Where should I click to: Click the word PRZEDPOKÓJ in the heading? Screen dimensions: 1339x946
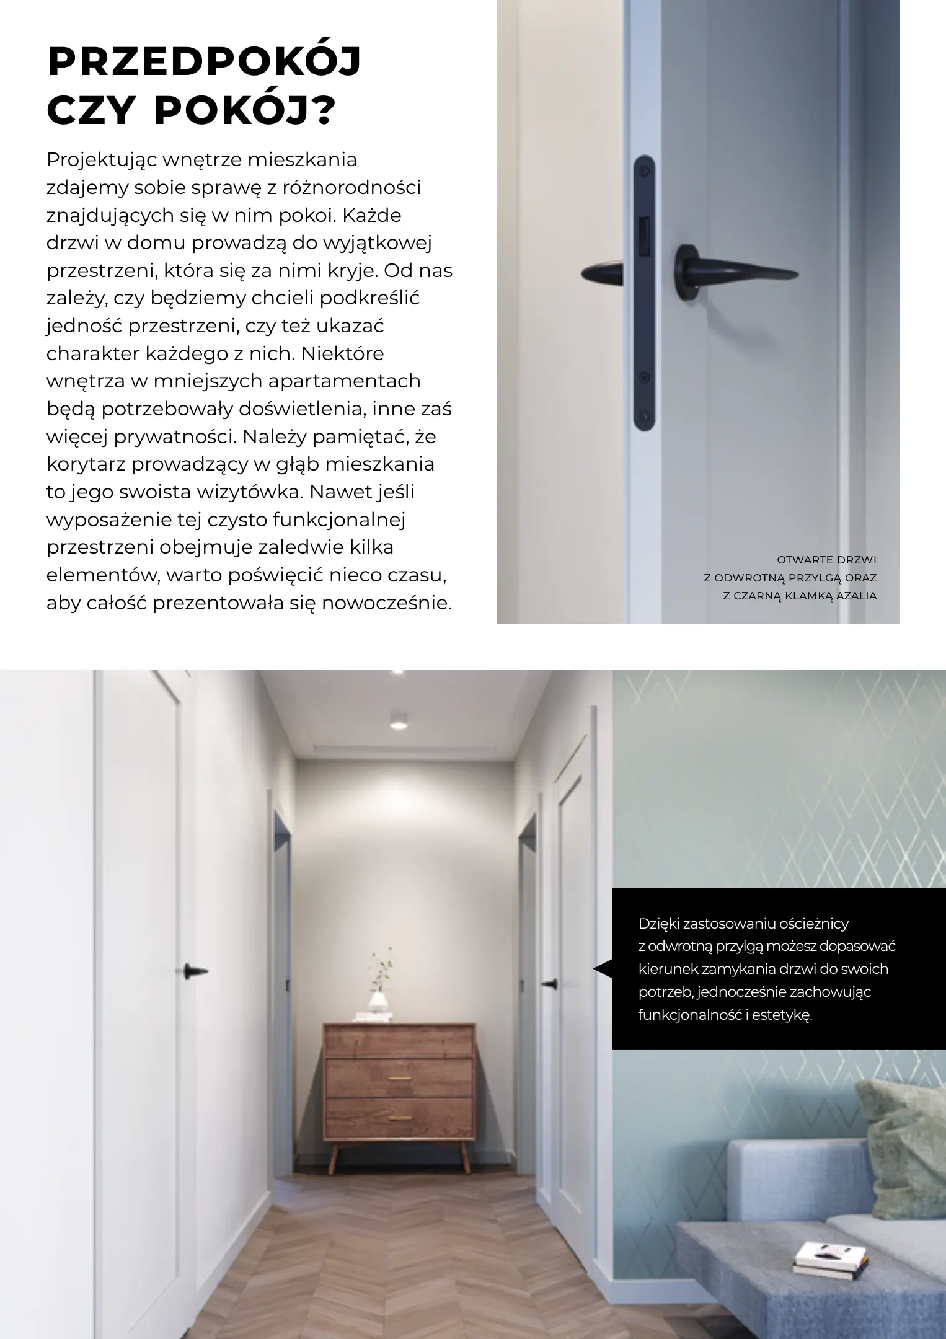pos(204,63)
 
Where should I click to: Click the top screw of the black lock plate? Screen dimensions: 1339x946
pos(645,169)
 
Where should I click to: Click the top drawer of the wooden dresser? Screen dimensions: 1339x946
pos(399,1041)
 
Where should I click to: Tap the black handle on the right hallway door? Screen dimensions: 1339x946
pos(549,984)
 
